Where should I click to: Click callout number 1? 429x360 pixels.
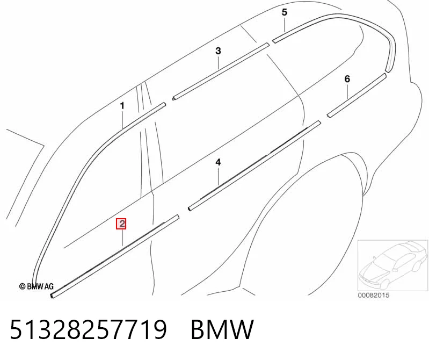pyautogui.click(x=122, y=106)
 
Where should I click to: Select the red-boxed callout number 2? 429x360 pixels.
pyautogui.click(x=121, y=224)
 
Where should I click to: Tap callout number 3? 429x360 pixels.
pyautogui.click(x=218, y=51)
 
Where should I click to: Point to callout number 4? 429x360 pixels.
pyautogui.click(x=218, y=162)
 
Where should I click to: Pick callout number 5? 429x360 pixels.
pyautogui.click(x=285, y=12)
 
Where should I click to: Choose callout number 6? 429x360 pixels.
pyautogui.click(x=347, y=79)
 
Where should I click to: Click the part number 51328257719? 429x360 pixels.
pyautogui.click(x=88, y=329)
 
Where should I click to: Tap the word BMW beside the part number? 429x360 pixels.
pyautogui.click(x=222, y=329)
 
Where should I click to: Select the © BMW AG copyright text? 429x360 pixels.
pyautogui.click(x=36, y=286)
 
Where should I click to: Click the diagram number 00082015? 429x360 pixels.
pyautogui.click(x=374, y=296)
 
